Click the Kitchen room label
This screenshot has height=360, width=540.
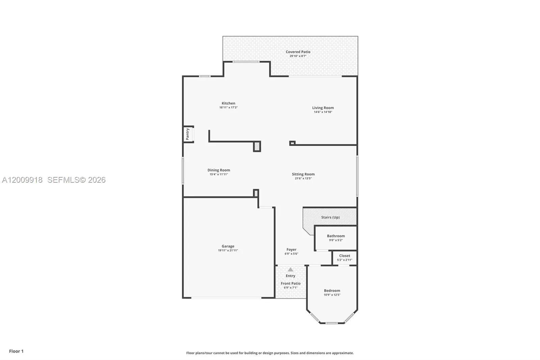point(228,103)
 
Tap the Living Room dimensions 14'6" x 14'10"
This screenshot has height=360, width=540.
point(323,112)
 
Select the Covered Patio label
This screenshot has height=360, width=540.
point(298,52)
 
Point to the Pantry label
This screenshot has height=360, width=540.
point(188,134)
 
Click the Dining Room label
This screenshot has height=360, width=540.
point(219,170)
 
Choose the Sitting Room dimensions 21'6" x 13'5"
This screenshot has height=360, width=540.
point(303,178)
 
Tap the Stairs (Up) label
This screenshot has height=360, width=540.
point(330,217)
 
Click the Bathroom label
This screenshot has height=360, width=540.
point(336,236)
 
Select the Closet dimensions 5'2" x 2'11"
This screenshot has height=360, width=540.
point(345,260)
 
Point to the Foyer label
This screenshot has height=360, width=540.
point(292,250)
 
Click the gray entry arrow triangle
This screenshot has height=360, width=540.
point(291,269)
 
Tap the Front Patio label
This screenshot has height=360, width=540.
point(291,284)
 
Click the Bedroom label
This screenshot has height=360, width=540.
point(332,290)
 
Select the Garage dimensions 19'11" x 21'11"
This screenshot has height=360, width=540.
point(228,251)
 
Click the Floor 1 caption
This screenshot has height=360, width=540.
point(17,351)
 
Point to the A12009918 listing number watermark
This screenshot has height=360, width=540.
point(22,180)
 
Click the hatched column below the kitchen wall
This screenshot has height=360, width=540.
point(257,146)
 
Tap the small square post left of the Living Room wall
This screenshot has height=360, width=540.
point(292,143)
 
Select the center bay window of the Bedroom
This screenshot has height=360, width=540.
point(332,323)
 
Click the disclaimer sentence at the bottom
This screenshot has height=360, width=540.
point(270,353)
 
